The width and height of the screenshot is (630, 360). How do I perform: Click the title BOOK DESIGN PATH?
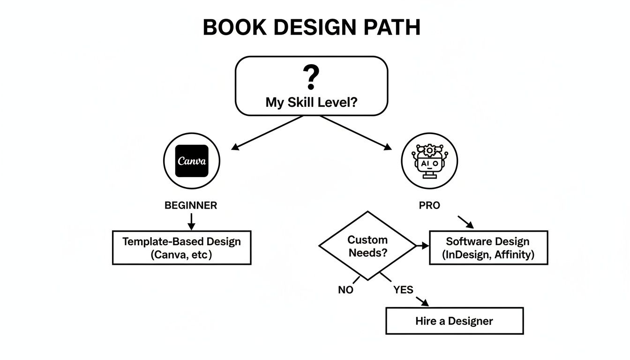pos(311,28)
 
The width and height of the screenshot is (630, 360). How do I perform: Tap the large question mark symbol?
pos(311,78)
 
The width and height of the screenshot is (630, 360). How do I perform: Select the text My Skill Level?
pos(311,102)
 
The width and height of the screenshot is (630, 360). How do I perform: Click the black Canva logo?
pos(191,161)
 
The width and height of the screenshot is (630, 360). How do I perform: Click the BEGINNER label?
pos(191,205)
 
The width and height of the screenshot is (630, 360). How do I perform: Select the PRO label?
pos(429,205)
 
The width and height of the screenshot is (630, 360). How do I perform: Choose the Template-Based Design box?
pos(182,247)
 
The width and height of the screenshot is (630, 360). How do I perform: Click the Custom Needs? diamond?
pos(367,246)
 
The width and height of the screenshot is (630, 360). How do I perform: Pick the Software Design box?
pos(488,247)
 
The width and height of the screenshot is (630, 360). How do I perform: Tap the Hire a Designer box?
pos(454,321)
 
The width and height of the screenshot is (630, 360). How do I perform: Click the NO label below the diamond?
pos(345,290)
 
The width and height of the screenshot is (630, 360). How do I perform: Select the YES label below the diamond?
pos(403,290)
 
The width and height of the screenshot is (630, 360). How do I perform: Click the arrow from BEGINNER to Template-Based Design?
pos(191,221)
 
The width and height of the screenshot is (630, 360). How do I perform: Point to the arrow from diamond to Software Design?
pos(422,246)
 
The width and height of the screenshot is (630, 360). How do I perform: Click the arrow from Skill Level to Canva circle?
pos(267,133)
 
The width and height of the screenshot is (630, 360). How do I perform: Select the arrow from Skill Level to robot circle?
pos(356,133)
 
